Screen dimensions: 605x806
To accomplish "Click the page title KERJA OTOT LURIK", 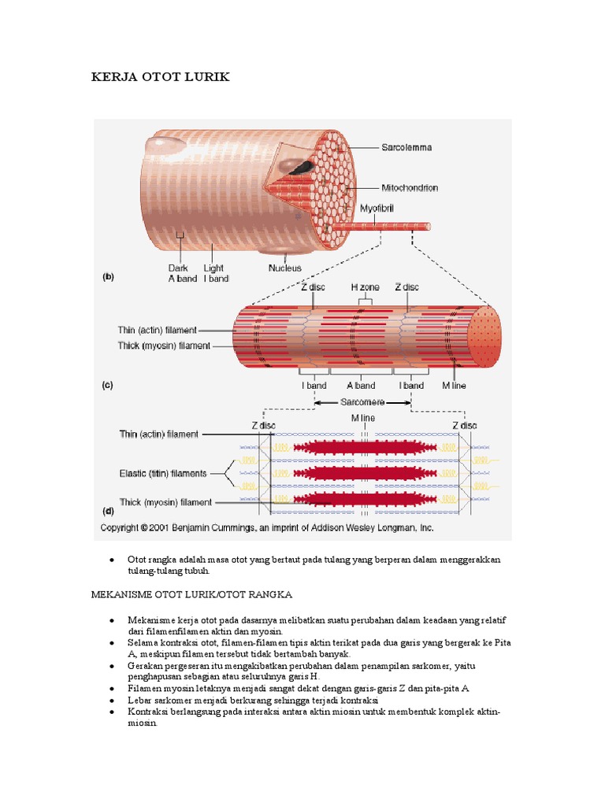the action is click(160, 77).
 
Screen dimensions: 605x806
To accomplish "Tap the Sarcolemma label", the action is click(406, 147).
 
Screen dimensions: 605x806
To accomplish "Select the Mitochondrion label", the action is click(410, 188).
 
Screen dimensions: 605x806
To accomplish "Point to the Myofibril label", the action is click(377, 209).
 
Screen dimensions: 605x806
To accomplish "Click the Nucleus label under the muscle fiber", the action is click(284, 268).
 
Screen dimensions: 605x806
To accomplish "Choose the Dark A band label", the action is click(183, 273).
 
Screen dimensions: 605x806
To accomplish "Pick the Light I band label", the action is click(216, 273).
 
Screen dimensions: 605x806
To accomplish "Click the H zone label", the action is click(366, 287).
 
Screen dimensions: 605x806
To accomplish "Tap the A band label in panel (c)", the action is click(361, 386).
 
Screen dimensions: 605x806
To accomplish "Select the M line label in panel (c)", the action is click(454, 386).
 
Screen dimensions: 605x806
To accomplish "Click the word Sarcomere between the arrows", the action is click(362, 402).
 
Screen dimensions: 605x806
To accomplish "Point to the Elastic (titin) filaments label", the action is click(163, 473).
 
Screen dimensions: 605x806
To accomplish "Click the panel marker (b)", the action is click(108, 276).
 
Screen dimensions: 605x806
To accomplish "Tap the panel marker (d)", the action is click(108, 511).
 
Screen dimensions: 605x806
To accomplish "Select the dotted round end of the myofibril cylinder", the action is click(485, 337).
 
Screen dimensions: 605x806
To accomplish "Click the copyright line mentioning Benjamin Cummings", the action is click(267, 528).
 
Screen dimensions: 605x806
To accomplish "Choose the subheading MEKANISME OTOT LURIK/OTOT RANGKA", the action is click(191, 595).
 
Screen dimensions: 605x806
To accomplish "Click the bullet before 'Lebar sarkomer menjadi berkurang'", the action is click(112, 701).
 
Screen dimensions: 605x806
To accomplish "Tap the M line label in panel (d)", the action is click(362, 419).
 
